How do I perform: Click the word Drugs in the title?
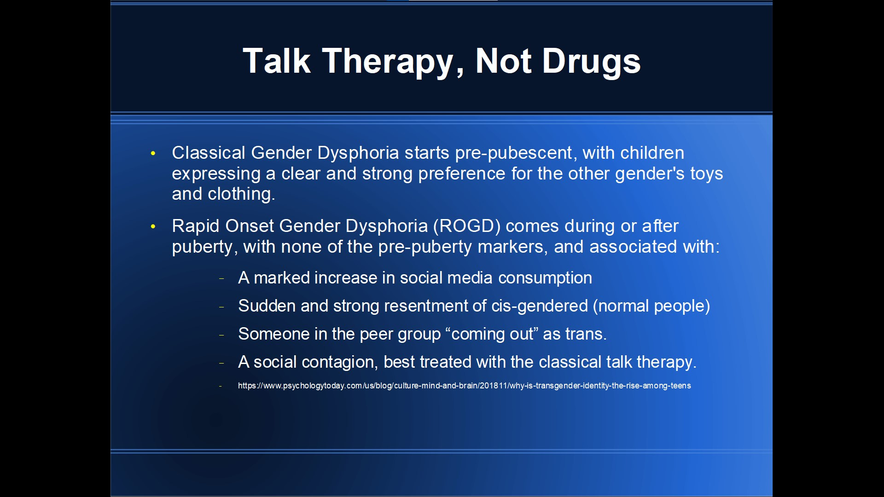click(591, 61)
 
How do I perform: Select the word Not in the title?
click(503, 61)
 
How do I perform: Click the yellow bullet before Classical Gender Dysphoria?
click(153, 153)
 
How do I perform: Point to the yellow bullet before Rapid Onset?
click(153, 226)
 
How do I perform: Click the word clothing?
click(241, 194)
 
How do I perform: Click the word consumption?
click(545, 278)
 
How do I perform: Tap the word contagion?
click(340, 362)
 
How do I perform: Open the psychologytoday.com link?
click(464, 386)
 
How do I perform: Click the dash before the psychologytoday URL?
click(221, 386)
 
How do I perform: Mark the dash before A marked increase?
click(221, 278)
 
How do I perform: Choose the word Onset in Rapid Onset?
click(250, 226)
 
